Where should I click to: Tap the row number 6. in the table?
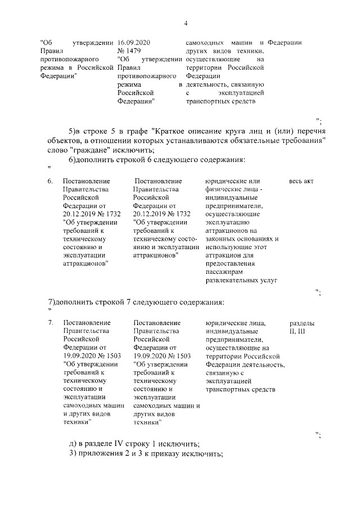pyautogui.click(x=50, y=181)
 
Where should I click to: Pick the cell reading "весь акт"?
pyautogui.click(x=301, y=181)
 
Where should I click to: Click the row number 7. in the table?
pyautogui.click(x=50, y=323)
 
